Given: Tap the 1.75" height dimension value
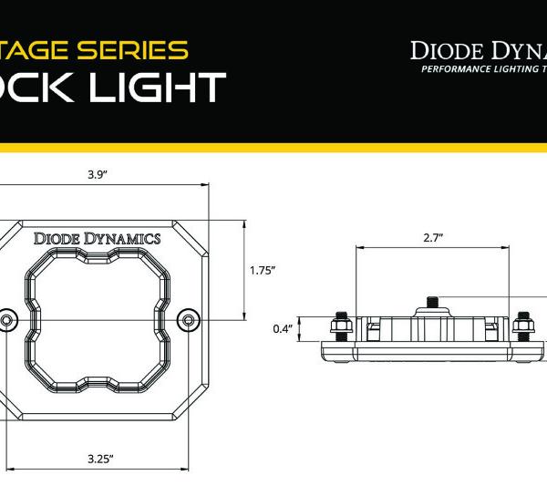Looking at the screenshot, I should (262, 270).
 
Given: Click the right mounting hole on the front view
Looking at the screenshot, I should (189, 319).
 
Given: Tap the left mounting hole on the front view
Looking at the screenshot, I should (7, 319).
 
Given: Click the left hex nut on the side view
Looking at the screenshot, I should (339, 324).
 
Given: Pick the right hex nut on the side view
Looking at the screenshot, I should (525, 324).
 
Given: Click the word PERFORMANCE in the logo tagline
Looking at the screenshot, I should (450, 70).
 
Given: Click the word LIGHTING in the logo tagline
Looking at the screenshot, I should (511, 70).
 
